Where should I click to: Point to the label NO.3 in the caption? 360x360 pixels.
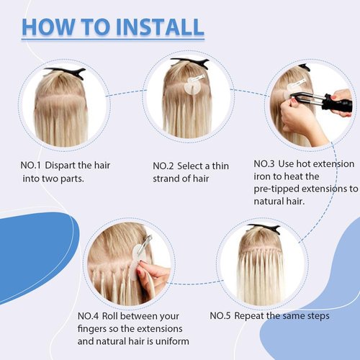pos(268,163)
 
